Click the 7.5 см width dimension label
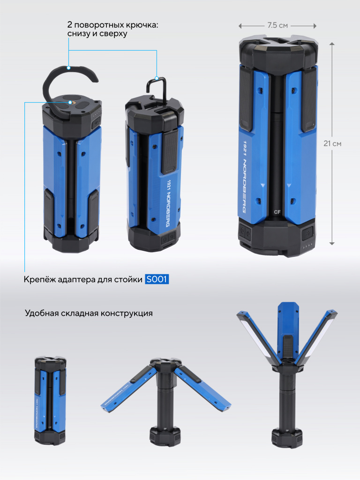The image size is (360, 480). click(277, 25)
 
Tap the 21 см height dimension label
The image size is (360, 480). click(332, 143)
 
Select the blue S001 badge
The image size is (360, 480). click(157, 279)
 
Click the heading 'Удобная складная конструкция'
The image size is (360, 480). click(89, 313)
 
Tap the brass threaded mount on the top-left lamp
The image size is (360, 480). click(71, 103)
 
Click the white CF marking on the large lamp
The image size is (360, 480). click(277, 212)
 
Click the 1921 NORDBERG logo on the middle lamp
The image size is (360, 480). click(169, 203)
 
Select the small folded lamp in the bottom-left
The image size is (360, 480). click(50, 400)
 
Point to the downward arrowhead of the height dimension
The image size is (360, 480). click(332, 243)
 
